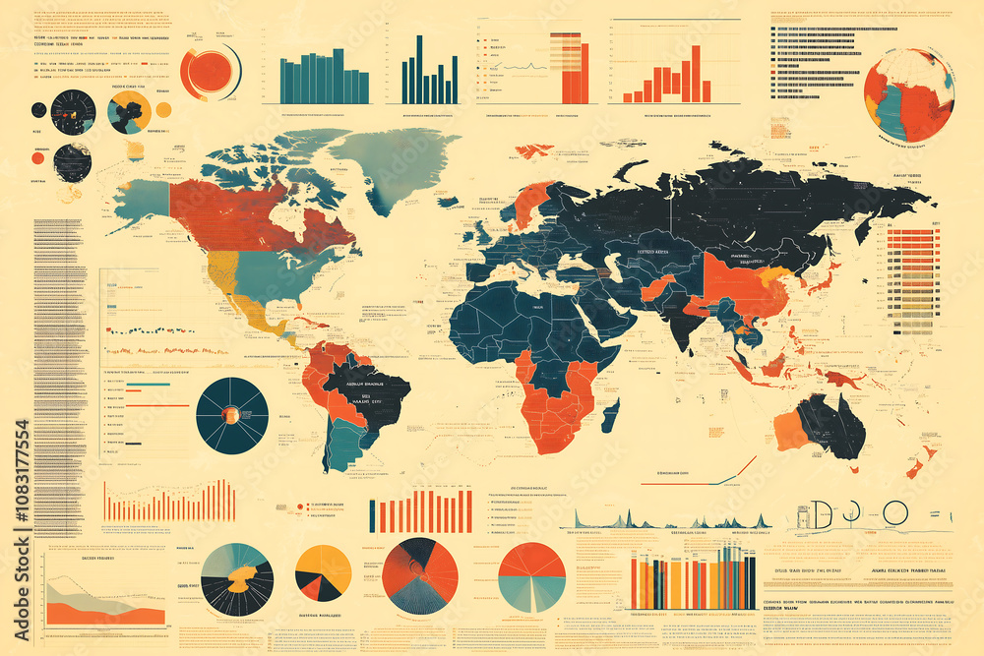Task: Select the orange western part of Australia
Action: tap(792, 431)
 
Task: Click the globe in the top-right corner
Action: tap(908, 95)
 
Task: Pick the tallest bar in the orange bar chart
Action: tap(696, 74)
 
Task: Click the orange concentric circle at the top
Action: tap(209, 71)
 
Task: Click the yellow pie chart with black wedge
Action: tap(323, 572)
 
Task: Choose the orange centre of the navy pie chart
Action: tap(232, 415)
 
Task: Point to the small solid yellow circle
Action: tap(163, 109)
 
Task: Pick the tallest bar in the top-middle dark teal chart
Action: tap(419, 69)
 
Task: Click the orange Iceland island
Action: tap(534, 150)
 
